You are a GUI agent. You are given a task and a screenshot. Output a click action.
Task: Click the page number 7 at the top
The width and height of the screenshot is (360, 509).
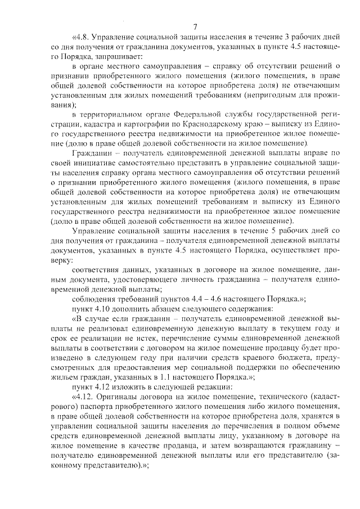(195, 26)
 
